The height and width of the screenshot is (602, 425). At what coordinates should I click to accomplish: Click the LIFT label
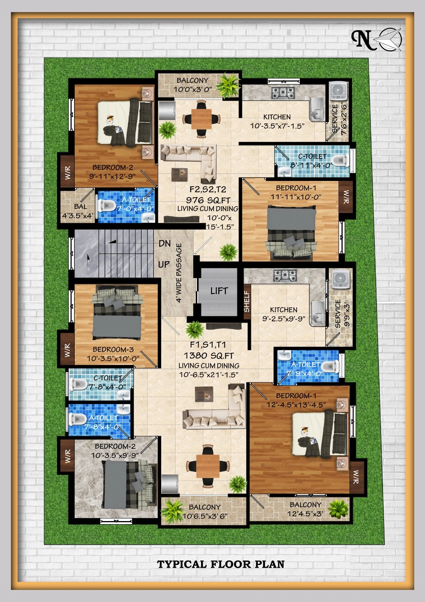[219, 290]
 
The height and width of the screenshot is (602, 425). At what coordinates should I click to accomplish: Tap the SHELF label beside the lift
[247, 301]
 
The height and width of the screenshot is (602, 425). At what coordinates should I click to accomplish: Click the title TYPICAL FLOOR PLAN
[221, 564]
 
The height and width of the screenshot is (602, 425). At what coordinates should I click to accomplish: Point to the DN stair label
[164, 243]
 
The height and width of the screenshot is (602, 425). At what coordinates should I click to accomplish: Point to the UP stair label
[164, 265]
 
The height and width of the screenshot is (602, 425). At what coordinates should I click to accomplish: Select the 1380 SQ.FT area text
[209, 356]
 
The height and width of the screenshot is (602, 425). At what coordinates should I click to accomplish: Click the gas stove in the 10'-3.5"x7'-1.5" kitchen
[283, 93]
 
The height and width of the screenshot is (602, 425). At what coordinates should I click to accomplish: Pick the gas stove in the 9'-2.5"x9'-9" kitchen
[285, 275]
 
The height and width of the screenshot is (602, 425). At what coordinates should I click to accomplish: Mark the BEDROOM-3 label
[113, 350]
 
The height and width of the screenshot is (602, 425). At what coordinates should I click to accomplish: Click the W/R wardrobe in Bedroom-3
[67, 350]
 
